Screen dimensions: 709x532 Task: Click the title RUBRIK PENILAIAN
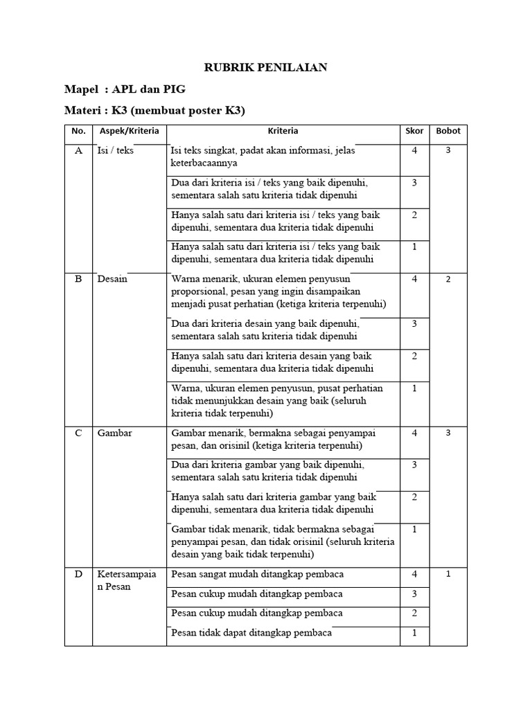click(265, 68)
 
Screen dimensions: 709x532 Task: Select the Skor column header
click(414, 131)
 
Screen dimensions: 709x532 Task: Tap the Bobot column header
click(447, 131)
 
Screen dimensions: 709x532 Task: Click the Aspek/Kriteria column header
click(130, 131)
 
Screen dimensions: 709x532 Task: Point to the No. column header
click(78, 131)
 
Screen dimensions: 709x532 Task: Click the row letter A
click(78, 150)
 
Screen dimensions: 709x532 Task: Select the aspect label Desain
click(112, 279)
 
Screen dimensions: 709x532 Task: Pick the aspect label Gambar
click(114, 433)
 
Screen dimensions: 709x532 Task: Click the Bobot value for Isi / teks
click(448, 150)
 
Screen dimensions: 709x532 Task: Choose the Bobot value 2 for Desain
click(448, 279)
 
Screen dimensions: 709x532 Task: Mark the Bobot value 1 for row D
click(448, 574)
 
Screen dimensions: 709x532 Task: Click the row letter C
click(78, 433)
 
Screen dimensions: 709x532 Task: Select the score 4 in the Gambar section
click(414, 433)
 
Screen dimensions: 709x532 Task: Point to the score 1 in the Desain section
click(414, 388)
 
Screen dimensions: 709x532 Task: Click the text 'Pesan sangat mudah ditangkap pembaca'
click(257, 574)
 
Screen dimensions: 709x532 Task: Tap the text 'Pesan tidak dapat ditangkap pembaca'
click(251, 632)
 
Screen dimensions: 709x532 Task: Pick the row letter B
click(78, 279)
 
